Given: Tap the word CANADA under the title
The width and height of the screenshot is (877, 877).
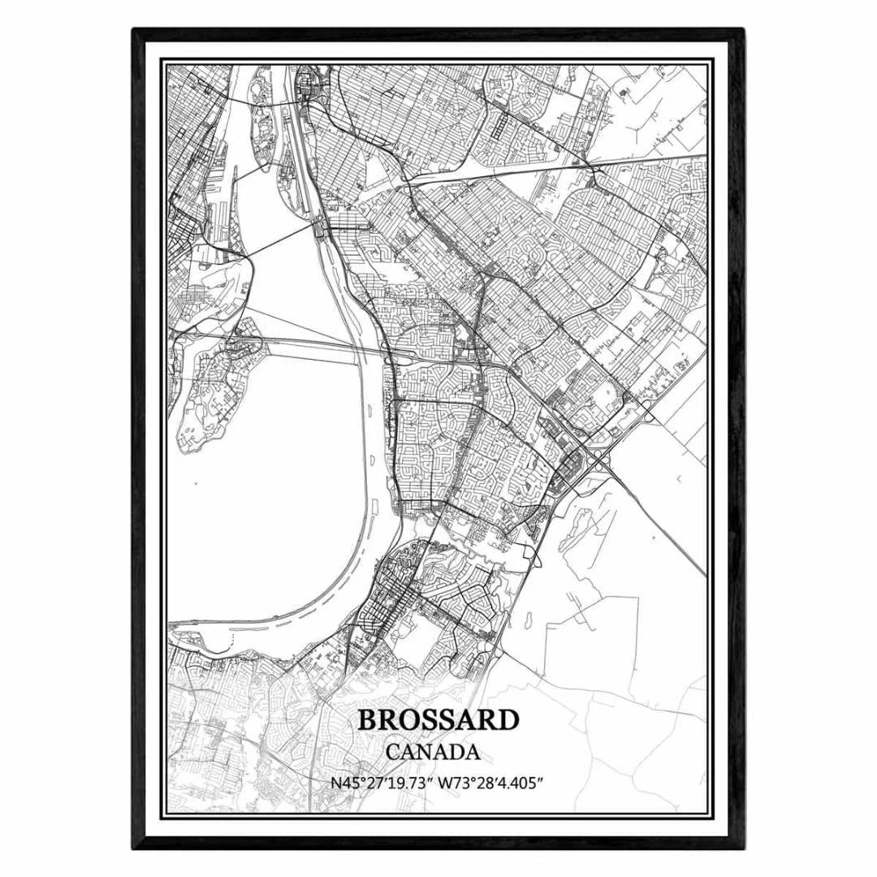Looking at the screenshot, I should click(x=433, y=752).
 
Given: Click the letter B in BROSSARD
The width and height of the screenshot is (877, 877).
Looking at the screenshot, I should click(x=367, y=720).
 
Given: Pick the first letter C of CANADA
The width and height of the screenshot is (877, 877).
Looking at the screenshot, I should click(x=394, y=752).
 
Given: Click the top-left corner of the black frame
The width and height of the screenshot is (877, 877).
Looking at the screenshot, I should click(x=135, y=31).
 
